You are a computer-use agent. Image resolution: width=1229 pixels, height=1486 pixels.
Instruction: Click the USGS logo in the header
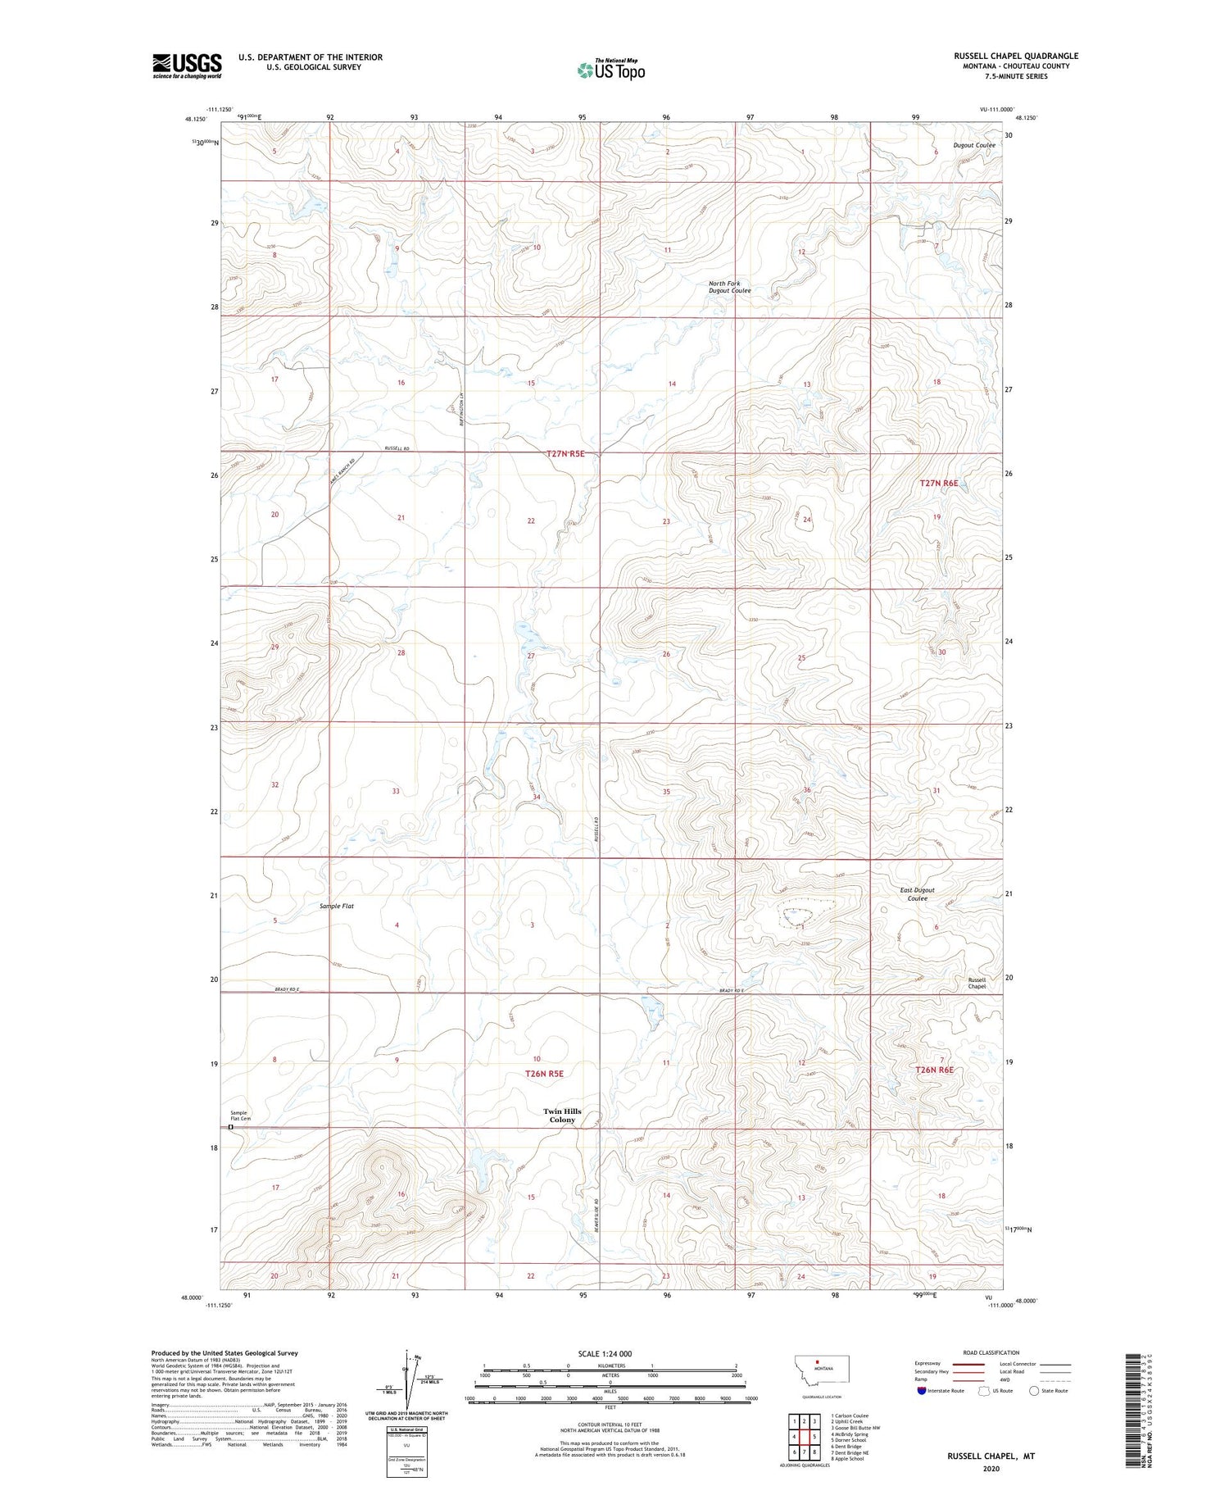[187, 66]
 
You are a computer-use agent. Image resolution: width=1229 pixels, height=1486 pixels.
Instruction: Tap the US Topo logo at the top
[610, 70]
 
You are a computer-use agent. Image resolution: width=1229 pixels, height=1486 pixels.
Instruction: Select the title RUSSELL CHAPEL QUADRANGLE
[1015, 56]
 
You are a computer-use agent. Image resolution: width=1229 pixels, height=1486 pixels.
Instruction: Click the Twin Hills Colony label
[562, 1116]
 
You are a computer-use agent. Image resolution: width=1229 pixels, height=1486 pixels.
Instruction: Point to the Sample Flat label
[337, 906]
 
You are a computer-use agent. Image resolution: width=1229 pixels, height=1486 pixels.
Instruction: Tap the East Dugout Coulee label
[917, 894]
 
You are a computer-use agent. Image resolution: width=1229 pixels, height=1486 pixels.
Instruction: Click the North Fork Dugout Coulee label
[729, 287]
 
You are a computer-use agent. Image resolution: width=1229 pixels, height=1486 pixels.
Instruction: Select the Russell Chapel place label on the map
[977, 983]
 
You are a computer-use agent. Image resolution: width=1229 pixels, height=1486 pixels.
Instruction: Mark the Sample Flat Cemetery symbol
[231, 1127]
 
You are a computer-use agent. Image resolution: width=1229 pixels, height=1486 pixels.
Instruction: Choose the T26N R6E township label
[934, 1070]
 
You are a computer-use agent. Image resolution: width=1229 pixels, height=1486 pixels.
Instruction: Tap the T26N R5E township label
[544, 1073]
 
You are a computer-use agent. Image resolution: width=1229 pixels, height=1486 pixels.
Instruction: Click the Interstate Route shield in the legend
[920, 1391]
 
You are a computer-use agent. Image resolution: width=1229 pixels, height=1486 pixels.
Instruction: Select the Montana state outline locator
[819, 1369]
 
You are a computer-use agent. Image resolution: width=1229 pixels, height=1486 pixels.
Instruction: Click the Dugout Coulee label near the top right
[974, 145]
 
